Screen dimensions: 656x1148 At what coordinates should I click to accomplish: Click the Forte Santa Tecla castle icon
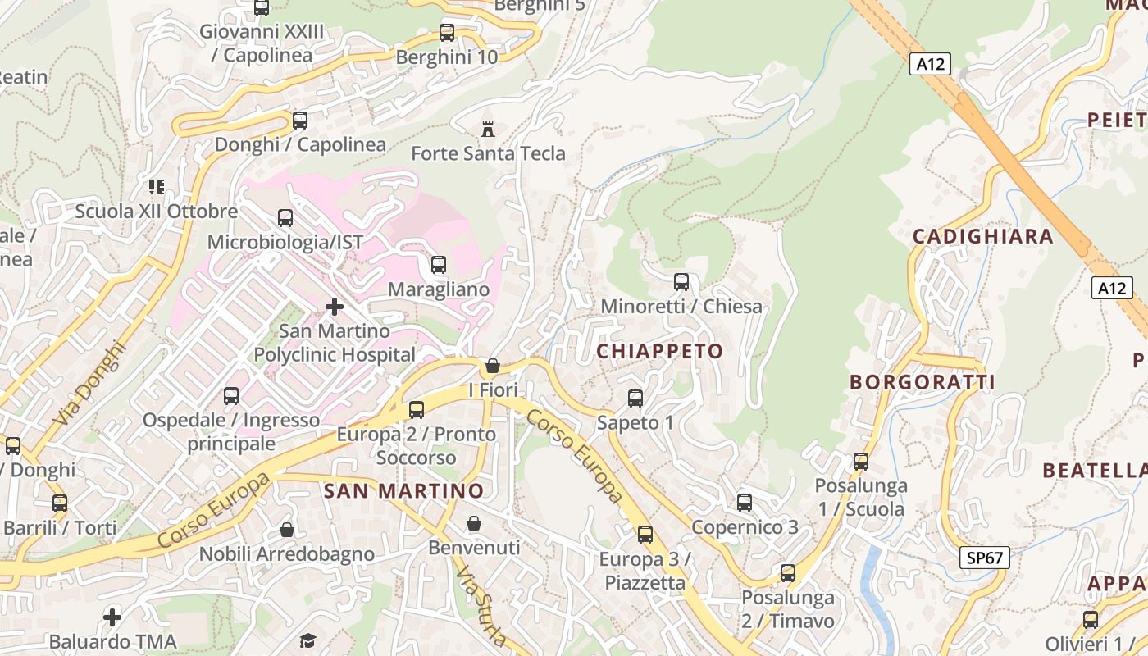[489, 128]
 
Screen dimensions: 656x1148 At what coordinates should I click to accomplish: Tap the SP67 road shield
[984, 558]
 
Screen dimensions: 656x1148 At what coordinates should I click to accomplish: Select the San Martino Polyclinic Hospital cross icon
[335, 307]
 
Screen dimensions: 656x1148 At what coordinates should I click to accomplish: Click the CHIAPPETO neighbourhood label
[660, 351]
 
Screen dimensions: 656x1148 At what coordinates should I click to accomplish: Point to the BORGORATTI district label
[922, 382]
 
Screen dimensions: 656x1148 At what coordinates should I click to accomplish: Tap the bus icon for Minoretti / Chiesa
[681, 282]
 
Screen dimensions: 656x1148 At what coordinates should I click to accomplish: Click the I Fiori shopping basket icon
[493, 366]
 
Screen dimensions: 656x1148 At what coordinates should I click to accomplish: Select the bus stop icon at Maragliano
[439, 265]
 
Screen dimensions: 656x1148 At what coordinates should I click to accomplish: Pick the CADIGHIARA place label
[982, 237]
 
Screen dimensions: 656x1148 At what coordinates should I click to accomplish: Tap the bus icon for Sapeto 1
[635, 399]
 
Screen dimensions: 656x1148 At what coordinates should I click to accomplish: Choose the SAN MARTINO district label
[403, 491]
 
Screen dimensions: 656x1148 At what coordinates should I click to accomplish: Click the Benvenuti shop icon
[474, 523]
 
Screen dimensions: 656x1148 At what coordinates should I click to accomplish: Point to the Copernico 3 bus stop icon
[745, 503]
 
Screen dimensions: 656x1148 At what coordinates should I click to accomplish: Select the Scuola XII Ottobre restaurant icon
[156, 187]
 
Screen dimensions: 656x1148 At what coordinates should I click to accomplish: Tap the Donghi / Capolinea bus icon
[300, 121]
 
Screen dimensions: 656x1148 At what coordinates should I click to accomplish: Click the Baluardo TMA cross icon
[112, 617]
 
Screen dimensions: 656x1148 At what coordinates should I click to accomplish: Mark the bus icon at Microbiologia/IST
[285, 218]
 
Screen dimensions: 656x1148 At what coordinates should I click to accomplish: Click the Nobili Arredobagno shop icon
[287, 530]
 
